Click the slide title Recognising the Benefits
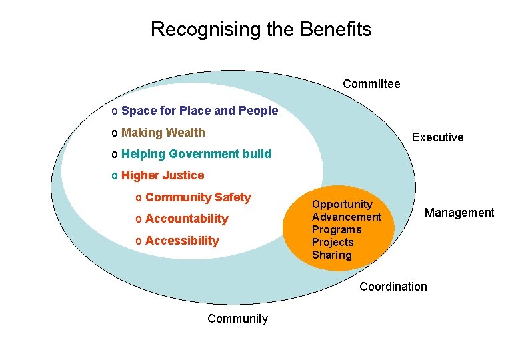coord(261,29)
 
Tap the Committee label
coord(371,84)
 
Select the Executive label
coord(437,137)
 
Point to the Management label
coord(459,213)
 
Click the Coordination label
coord(393,287)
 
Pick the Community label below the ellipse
coord(237,319)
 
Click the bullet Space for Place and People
coord(199,111)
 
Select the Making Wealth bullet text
coord(163,133)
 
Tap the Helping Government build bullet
coord(196,154)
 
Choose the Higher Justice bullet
coord(163,175)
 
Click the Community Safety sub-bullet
coord(198,197)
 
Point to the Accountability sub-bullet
coord(187,219)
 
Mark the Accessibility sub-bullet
coord(182,241)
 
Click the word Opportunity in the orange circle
coord(342,205)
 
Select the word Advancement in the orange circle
coord(347,217)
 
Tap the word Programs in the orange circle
coord(337,229)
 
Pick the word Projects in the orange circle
coord(333,242)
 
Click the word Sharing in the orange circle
coord(332,255)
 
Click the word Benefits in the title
coord(336,29)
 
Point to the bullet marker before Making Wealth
coord(115,133)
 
